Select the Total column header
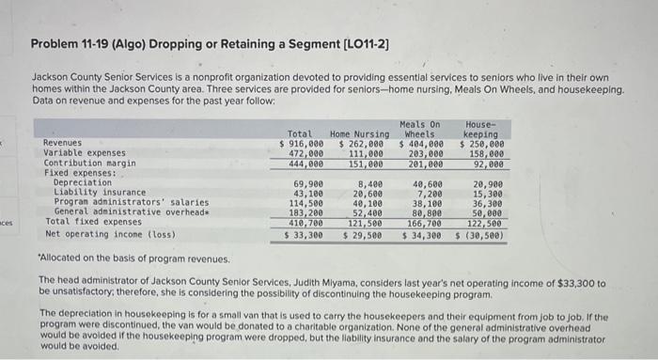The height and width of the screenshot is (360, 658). point(300,133)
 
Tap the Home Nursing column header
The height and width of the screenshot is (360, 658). point(360,133)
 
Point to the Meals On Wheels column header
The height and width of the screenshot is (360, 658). point(419,129)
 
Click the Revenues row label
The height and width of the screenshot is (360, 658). point(63,143)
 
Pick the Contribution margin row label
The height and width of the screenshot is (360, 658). point(90,163)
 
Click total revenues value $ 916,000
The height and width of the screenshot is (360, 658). point(302,143)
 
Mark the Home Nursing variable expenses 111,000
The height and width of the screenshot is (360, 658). point(365,152)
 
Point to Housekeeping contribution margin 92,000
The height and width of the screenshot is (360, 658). point(488,163)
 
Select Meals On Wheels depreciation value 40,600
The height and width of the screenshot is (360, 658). point(428,182)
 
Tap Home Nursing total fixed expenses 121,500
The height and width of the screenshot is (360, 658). point(365,222)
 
